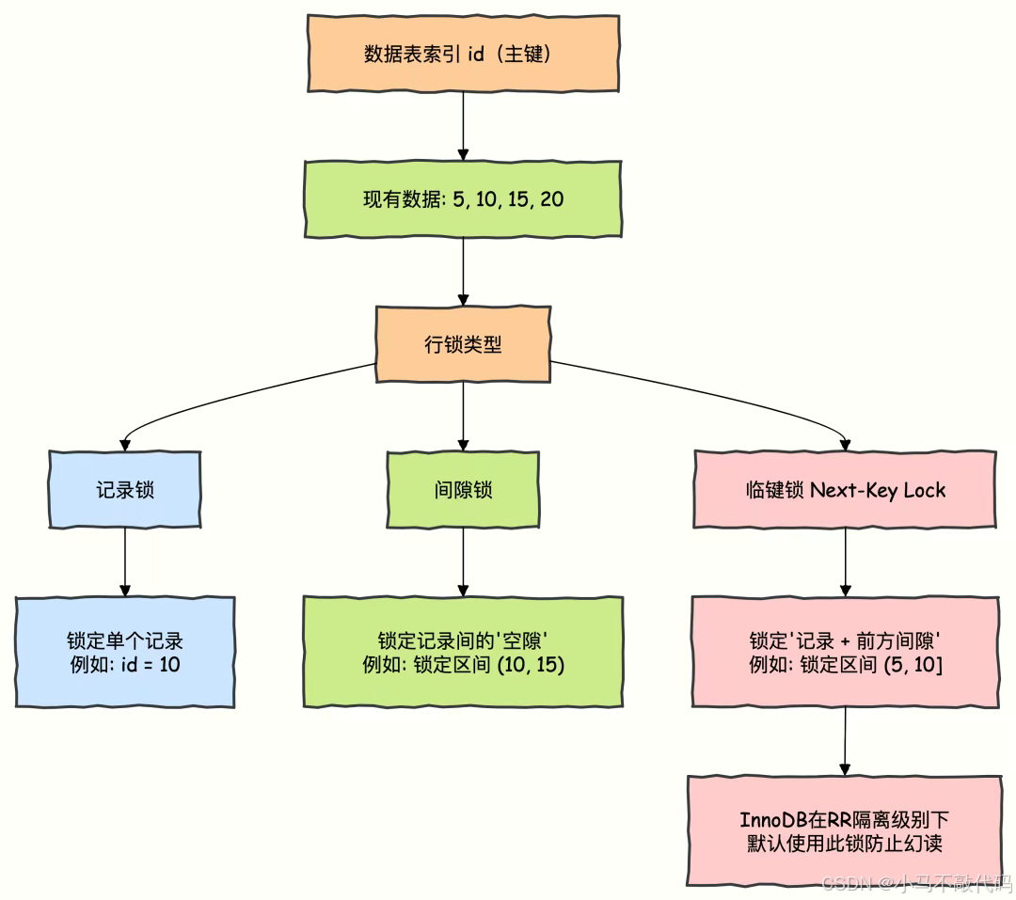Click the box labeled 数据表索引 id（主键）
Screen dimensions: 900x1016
(463, 54)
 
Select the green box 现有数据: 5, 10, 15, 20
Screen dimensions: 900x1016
(463, 199)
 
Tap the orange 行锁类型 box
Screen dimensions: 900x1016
(463, 344)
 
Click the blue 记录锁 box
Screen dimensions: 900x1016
(124, 490)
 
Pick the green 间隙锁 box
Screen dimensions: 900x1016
(463, 490)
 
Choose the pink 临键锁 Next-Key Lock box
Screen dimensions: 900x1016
(845, 490)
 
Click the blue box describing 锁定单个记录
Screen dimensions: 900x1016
(124, 652)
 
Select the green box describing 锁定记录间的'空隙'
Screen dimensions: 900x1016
(463, 652)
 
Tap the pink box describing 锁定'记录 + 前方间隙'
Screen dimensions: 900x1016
(845, 652)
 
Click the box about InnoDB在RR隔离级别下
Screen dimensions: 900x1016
(845, 830)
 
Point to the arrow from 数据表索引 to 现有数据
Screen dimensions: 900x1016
(463, 126)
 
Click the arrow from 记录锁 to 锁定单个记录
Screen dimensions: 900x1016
(124, 561)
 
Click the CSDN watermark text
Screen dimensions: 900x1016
(916, 883)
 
